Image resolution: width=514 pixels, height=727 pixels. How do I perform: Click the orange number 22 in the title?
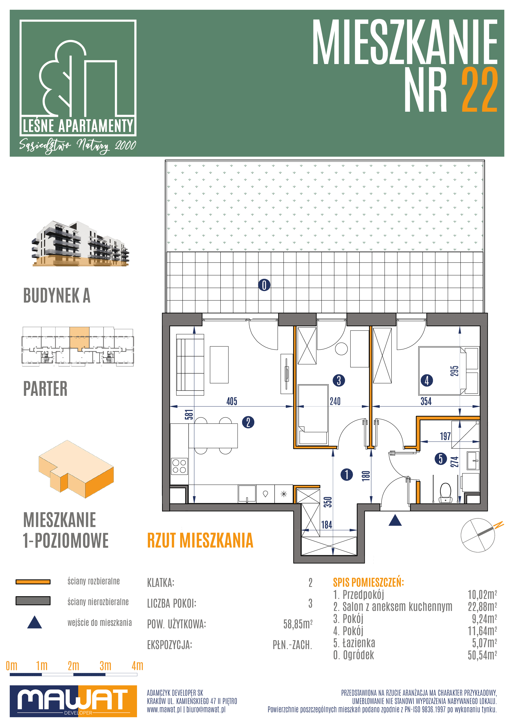(x=479, y=90)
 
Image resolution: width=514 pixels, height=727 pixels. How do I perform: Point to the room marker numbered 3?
(x=339, y=380)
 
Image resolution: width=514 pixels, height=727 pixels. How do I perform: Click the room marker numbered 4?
(x=427, y=380)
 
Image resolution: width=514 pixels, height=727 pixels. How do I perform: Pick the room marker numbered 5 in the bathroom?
(x=440, y=458)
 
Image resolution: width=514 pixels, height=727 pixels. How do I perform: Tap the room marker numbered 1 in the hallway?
(x=347, y=474)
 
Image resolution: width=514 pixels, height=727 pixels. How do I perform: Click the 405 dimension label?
(x=232, y=401)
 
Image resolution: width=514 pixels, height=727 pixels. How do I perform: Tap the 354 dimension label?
(x=426, y=401)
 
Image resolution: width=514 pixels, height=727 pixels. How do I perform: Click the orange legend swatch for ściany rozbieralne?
(x=33, y=582)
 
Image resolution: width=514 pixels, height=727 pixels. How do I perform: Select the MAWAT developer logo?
(x=73, y=701)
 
